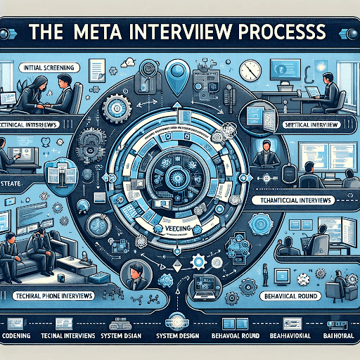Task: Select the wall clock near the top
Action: pyautogui.click(x=250, y=70)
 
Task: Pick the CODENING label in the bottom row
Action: pyautogui.click(x=19, y=335)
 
